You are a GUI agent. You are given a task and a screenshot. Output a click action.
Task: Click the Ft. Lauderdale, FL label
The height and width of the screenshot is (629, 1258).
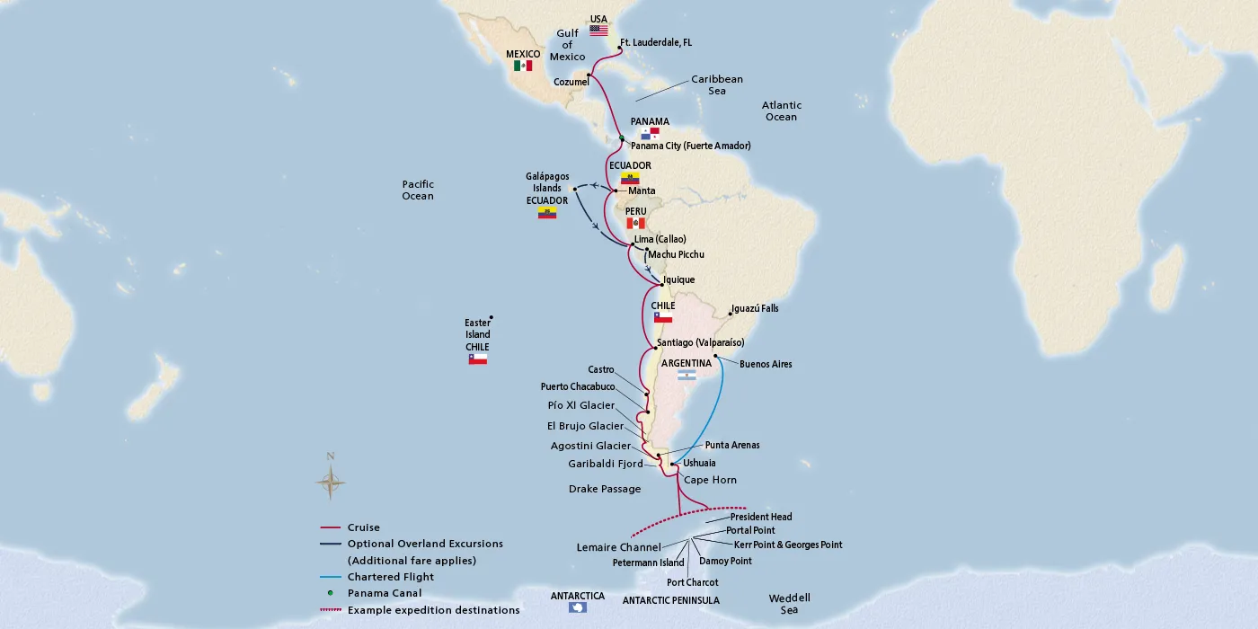656,42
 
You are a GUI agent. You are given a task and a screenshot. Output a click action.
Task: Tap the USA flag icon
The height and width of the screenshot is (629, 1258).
598,30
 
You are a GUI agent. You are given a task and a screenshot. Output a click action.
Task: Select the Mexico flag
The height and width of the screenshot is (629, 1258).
523,66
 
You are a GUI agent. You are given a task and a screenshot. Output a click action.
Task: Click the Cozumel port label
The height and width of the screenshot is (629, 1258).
571,82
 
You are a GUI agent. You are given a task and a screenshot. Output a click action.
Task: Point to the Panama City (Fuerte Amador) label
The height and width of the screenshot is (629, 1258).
690,146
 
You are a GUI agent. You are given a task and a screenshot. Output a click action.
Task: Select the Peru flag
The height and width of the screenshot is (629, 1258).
635,223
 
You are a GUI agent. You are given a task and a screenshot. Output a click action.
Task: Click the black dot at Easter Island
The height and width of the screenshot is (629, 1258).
492,318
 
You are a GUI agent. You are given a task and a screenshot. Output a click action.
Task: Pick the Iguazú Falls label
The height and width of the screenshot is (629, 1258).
755,308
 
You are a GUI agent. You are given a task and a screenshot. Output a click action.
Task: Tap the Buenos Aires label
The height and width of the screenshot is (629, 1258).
766,364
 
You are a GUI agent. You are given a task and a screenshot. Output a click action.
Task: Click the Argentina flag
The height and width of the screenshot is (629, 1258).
687,376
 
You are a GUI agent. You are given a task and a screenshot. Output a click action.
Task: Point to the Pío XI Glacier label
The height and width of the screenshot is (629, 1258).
581,405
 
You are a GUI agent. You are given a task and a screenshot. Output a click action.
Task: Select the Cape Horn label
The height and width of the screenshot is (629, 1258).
710,480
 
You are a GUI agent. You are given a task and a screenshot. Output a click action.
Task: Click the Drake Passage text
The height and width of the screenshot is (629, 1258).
605,489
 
